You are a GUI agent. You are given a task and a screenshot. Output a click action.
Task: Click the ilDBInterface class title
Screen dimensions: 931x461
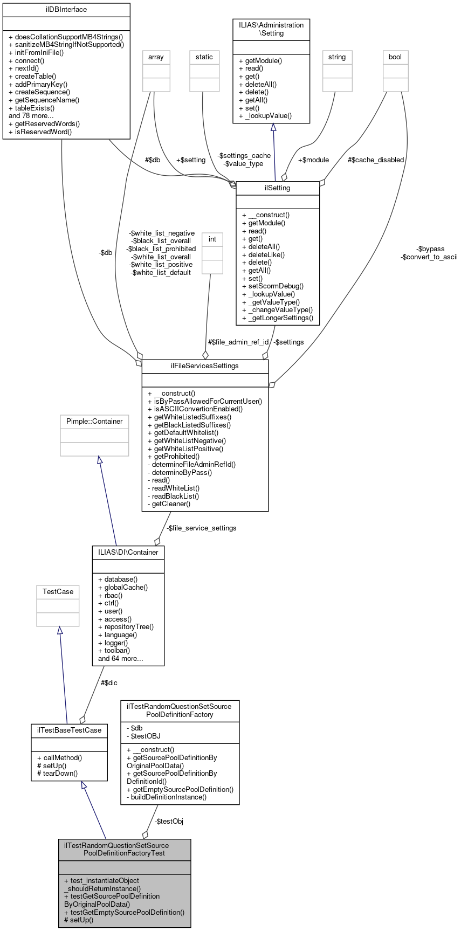coord(66,10)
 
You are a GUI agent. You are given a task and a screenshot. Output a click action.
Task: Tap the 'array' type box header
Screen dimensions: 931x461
coord(156,57)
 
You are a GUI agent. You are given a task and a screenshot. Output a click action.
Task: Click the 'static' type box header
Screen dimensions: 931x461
coord(204,57)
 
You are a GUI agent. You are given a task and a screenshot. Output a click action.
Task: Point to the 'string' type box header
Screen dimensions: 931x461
coord(337,57)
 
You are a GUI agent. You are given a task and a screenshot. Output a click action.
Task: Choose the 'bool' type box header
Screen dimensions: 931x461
coord(395,57)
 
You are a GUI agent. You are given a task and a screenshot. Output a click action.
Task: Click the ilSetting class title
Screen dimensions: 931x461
coord(278,188)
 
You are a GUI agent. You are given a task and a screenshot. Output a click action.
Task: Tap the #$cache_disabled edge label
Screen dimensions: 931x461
coord(376,160)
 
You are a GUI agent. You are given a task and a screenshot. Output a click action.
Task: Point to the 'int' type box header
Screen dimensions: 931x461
coord(212,239)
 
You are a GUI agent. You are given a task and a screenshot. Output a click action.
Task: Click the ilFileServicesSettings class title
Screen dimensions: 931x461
coord(205,365)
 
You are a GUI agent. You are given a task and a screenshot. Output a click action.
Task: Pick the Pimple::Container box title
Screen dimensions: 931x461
coord(94,421)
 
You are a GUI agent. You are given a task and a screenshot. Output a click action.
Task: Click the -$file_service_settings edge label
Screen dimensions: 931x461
coord(201,528)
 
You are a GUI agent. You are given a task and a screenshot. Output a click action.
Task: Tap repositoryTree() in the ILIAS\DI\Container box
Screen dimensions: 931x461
coord(129,626)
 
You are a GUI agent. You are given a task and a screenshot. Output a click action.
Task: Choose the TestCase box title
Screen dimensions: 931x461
coord(58,591)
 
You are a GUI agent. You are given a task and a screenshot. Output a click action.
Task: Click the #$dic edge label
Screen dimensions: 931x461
coord(109,682)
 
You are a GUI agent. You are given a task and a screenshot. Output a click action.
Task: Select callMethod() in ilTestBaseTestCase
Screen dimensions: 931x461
coord(59,757)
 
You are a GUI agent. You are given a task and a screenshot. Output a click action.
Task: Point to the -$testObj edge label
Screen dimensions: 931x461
coord(169,821)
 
